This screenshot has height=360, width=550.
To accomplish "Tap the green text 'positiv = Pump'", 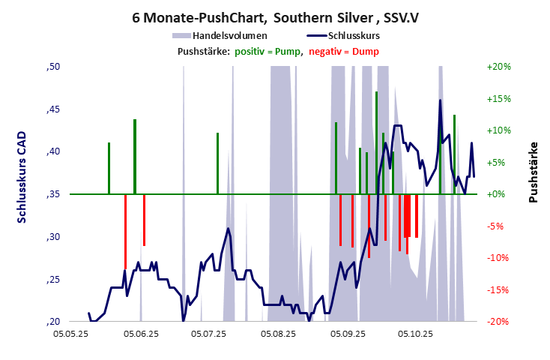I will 268,51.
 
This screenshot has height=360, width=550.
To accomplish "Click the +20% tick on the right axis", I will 498,67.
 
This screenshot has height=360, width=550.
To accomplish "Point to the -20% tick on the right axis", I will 498,322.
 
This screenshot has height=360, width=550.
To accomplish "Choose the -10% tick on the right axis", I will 498,258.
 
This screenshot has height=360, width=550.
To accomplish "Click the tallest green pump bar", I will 376,142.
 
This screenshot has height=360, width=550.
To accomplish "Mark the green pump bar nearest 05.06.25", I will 135,156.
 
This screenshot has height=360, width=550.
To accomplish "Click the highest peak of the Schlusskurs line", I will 440,100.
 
